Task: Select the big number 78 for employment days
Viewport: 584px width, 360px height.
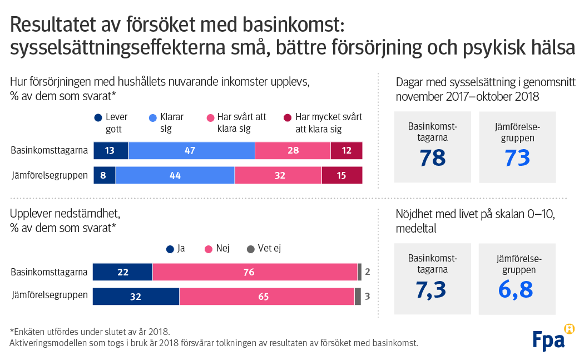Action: pos(432,157)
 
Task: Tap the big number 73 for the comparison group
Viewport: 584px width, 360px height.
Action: pos(517,157)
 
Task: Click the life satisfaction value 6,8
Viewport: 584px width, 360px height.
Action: pos(516,289)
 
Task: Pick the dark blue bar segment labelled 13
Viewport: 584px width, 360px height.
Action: pos(111,150)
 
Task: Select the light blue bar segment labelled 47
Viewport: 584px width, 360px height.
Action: pos(191,150)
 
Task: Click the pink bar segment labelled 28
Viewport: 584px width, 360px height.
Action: pos(293,150)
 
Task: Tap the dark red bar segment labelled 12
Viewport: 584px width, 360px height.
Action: pos(346,150)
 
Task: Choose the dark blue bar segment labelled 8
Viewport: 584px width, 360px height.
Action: pos(104,175)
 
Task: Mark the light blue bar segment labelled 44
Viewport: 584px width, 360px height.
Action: pos(175,175)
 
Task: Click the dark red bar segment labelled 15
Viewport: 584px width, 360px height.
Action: pos(342,175)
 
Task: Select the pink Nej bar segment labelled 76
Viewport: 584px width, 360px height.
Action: pos(255,272)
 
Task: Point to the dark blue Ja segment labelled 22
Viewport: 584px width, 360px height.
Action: pos(122,272)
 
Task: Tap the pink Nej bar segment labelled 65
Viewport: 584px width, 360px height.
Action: pos(267,297)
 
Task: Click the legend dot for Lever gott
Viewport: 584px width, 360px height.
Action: pos(98,118)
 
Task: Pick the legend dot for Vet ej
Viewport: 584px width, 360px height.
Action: pos(250,249)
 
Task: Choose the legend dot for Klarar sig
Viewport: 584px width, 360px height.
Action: pos(153,118)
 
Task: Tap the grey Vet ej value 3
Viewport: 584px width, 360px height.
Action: pos(367,297)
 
